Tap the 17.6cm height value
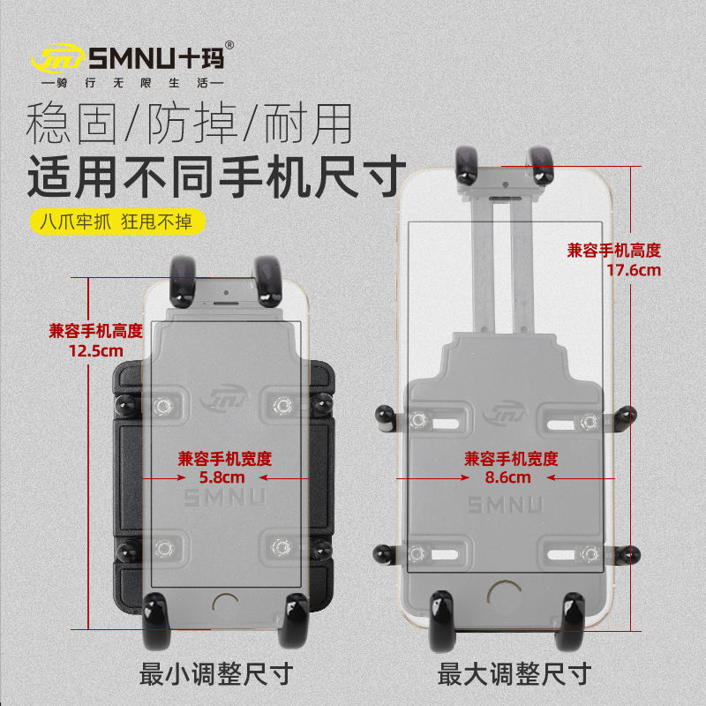click(633, 270)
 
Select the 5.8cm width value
click(222, 477)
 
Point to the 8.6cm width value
click(508, 477)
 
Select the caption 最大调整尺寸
click(513, 675)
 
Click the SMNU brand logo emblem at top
click(58, 59)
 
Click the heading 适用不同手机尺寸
click(216, 172)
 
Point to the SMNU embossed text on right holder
click(506, 506)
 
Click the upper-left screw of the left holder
click(161, 405)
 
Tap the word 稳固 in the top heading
click(72, 124)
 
